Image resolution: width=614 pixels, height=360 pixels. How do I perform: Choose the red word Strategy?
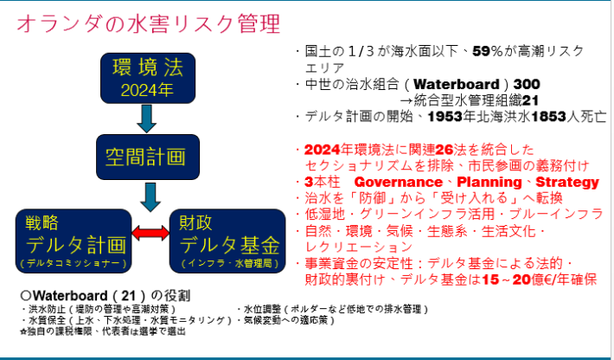pyautogui.click(x=566, y=183)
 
